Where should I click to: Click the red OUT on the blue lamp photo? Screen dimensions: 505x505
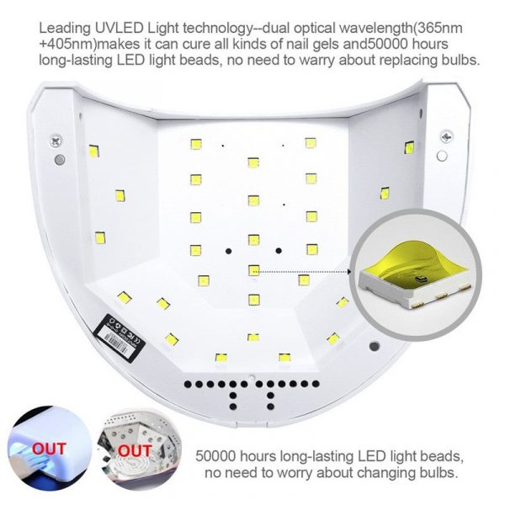(x=49, y=449)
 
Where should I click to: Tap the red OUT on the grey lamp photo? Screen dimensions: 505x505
(x=135, y=450)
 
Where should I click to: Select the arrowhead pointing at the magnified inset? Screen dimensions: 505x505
(x=348, y=272)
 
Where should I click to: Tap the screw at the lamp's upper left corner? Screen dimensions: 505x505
(x=56, y=141)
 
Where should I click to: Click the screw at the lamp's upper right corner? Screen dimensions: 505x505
(x=447, y=137)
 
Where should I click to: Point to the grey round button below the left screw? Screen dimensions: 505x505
(x=60, y=160)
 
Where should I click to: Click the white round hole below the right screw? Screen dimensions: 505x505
(x=442, y=156)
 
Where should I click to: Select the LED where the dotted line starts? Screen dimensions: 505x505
(x=254, y=270)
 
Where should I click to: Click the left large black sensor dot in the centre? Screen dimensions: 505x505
(x=228, y=251)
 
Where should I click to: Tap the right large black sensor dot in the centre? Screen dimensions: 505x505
(x=279, y=251)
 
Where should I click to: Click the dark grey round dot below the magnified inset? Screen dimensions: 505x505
(x=374, y=346)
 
